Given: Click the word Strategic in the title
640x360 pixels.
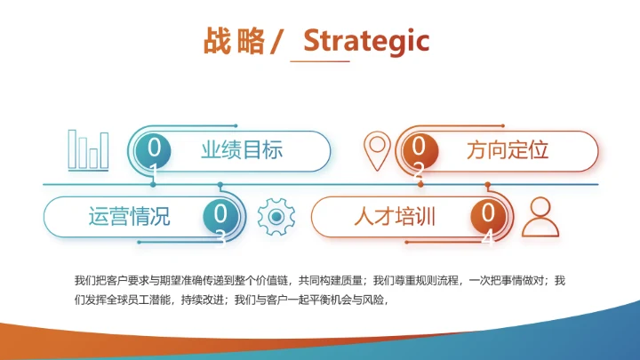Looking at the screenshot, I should [x=366, y=40].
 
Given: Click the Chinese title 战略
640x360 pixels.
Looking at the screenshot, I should [x=234, y=41].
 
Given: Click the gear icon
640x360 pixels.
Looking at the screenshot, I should [x=276, y=216].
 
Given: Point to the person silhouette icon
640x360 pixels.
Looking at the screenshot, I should [x=539, y=216].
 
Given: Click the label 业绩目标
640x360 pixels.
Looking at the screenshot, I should [x=241, y=150].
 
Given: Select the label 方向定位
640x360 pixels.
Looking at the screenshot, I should [x=508, y=150].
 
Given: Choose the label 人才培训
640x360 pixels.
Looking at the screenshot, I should [x=394, y=216].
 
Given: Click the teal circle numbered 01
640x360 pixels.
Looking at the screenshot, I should [x=154, y=151].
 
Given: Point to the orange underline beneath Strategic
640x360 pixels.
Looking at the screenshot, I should [x=321, y=60].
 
